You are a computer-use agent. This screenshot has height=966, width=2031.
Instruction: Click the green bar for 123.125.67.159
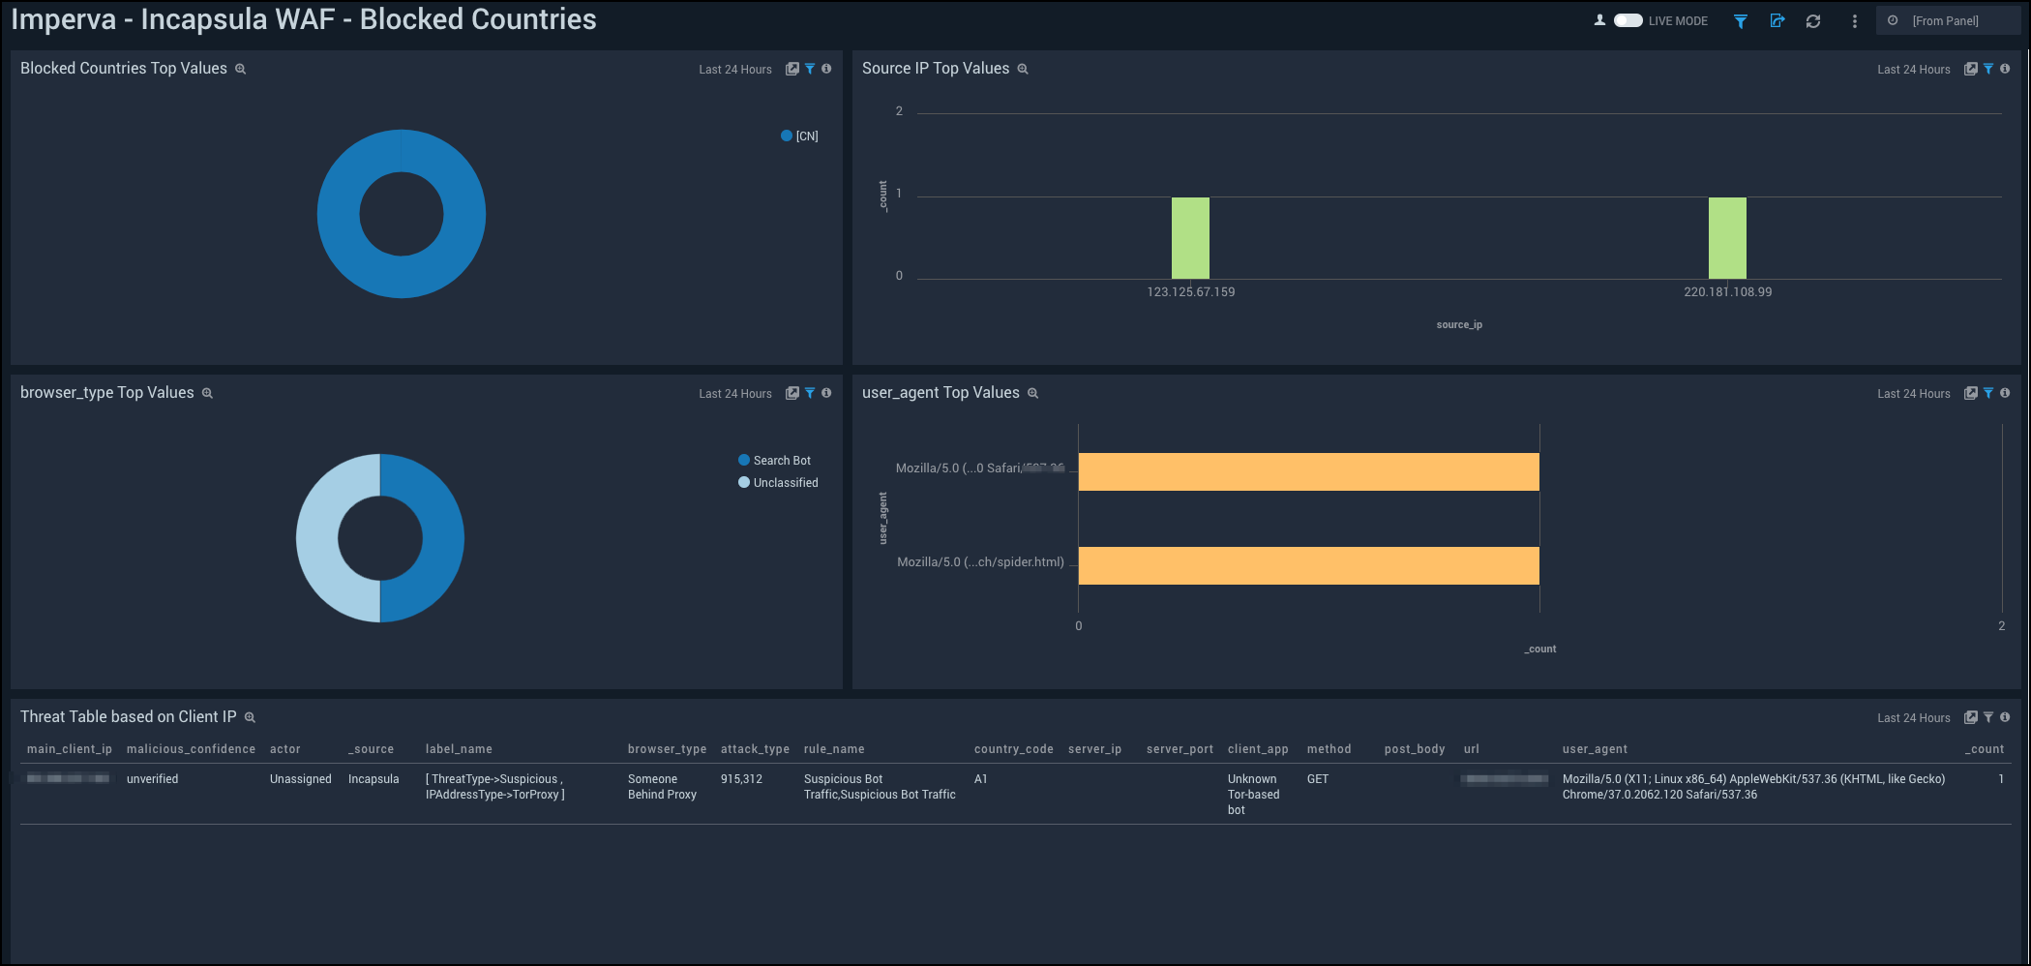tap(1190, 238)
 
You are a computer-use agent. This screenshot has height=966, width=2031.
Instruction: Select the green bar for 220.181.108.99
tap(1727, 238)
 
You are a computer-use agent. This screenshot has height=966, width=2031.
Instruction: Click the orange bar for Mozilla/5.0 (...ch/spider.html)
tap(1308, 565)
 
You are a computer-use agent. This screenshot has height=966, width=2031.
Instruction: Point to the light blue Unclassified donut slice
tap(317, 538)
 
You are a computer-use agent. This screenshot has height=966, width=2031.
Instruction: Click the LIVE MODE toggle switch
tap(1628, 20)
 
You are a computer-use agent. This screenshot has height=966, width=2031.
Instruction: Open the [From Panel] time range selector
tap(1945, 20)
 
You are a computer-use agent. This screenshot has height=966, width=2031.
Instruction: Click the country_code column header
tap(1013, 749)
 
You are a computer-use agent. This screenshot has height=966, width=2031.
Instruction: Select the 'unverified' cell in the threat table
tap(153, 779)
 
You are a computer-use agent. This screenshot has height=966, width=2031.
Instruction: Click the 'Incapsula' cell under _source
tap(373, 779)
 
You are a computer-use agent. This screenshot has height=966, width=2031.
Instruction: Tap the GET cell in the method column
tap(1318, 779)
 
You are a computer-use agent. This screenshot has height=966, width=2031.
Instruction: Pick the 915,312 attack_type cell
tap(741, 779)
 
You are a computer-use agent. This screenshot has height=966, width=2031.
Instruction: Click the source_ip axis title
tap(1459, 325)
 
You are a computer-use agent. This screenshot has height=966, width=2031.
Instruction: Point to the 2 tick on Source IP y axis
tap(899, 111)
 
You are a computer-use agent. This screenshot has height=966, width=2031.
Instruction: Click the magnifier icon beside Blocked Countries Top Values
tap(241, 70)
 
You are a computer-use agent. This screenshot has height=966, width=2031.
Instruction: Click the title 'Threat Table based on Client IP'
tap(128, 716)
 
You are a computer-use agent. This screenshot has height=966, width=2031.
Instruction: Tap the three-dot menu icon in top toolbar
tap(1854, 21)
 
